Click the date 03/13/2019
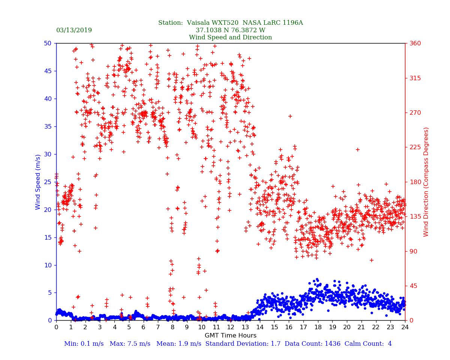[74, 30]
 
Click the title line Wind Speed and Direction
[230, 37]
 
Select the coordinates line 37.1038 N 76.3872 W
[230, 30]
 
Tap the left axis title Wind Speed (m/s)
[38, 182]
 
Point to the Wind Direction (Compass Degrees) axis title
[426, 182]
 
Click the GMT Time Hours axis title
[230, 336]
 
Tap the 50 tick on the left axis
[48, 43]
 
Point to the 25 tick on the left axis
[48, 182]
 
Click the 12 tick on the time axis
[230, 327]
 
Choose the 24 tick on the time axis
[405, 327]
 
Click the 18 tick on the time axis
[318, 327]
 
